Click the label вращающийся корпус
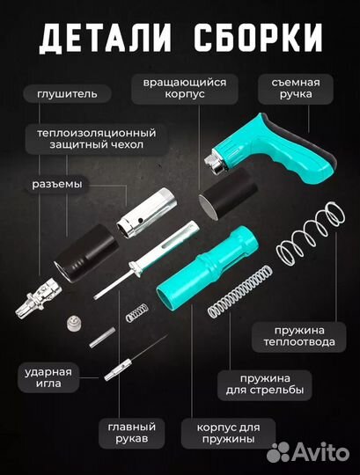point(179,90)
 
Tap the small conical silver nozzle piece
point(69,326)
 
